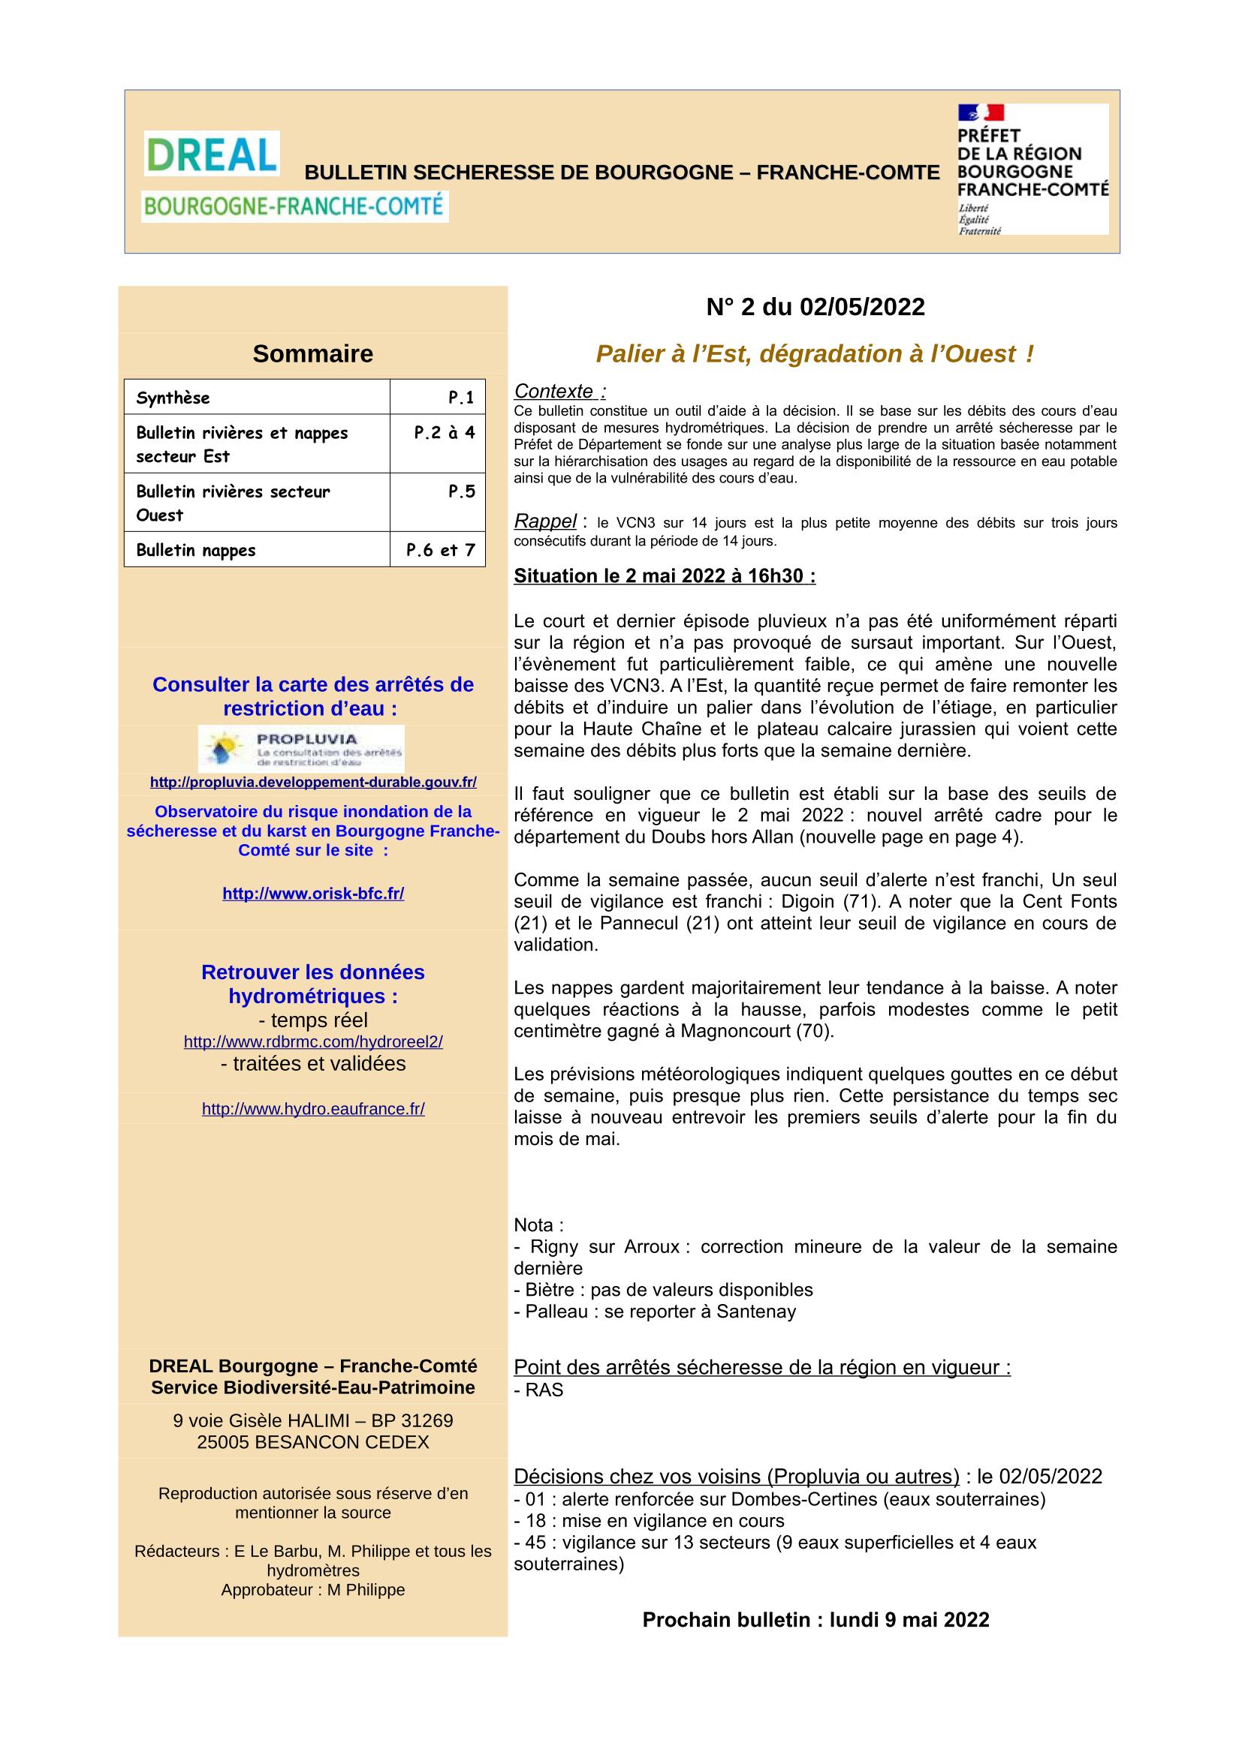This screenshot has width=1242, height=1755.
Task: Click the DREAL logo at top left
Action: [212, 154]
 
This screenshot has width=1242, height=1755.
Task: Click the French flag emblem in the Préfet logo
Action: [981, 113]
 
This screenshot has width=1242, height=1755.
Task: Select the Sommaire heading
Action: [313, 354]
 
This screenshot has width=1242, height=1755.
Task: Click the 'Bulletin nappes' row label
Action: [196, 549]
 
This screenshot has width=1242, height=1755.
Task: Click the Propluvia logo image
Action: [301, 748]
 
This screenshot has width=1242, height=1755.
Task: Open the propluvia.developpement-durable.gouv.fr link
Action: [313, 782]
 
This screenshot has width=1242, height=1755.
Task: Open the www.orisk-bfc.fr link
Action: [313, 893]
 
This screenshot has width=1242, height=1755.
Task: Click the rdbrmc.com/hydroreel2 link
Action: [313, 1041]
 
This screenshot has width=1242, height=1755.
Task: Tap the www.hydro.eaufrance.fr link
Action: [313, 1108]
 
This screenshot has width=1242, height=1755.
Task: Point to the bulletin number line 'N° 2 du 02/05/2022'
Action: [815, 308]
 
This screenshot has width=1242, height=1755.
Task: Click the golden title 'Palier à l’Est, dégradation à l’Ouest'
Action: [815, 354]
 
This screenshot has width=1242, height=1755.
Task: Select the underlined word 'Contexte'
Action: [554, 392]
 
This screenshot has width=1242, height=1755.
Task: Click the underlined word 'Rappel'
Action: [545, 521]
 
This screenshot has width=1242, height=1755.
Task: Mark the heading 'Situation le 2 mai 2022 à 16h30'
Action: [664, 575]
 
